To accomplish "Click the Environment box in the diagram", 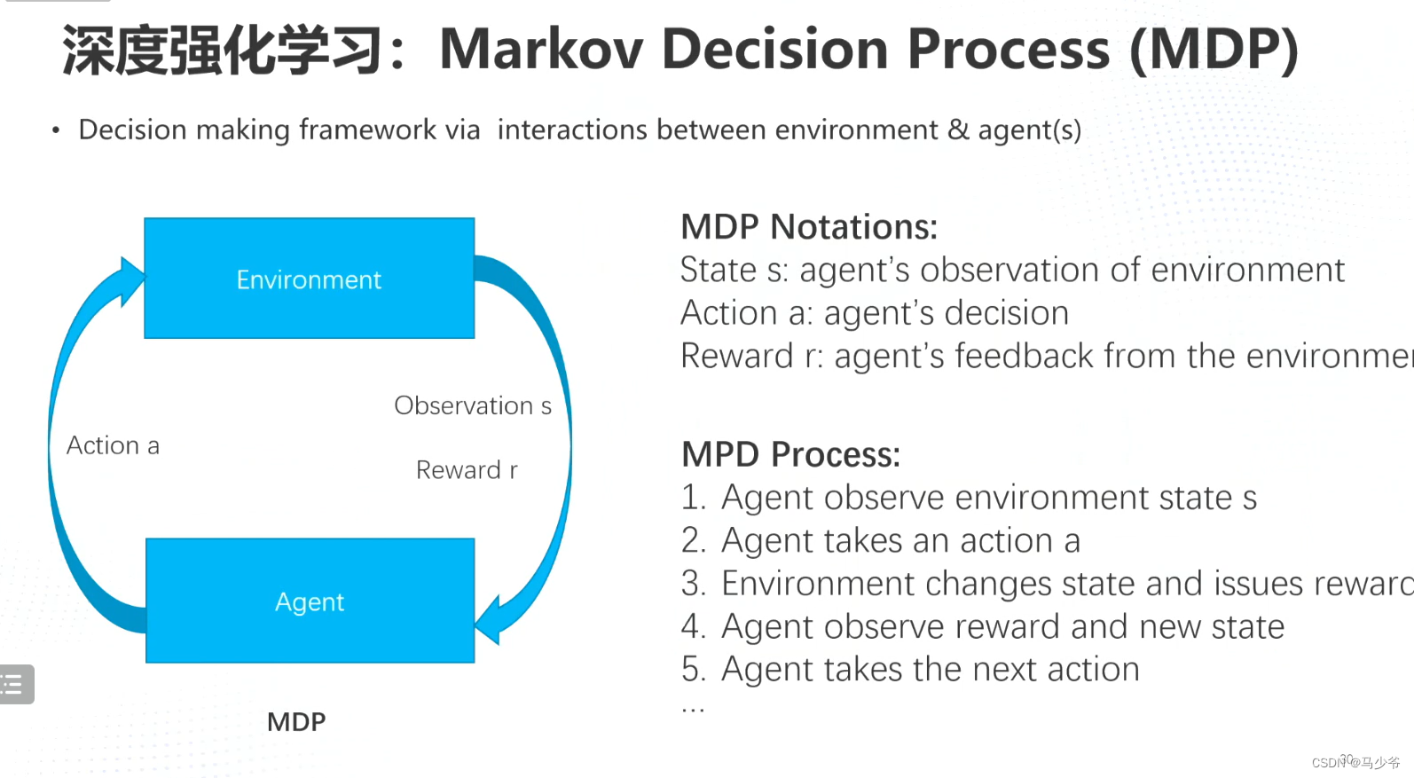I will click(309, 279).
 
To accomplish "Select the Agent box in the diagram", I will click(310, 601).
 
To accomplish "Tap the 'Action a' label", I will click(113, 445).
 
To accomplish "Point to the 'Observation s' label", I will click(472, 405).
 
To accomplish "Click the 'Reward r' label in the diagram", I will click(467, 469).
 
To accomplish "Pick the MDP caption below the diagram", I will click(296, 721).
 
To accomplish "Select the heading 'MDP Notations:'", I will click(808, 227).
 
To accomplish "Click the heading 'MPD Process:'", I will click(790, 454).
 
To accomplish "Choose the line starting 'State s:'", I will click(1011, 270).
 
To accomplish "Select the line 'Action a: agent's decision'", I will click(874, 313).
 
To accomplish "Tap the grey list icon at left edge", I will click(15, 684).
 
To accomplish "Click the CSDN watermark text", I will click(1355, 762).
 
